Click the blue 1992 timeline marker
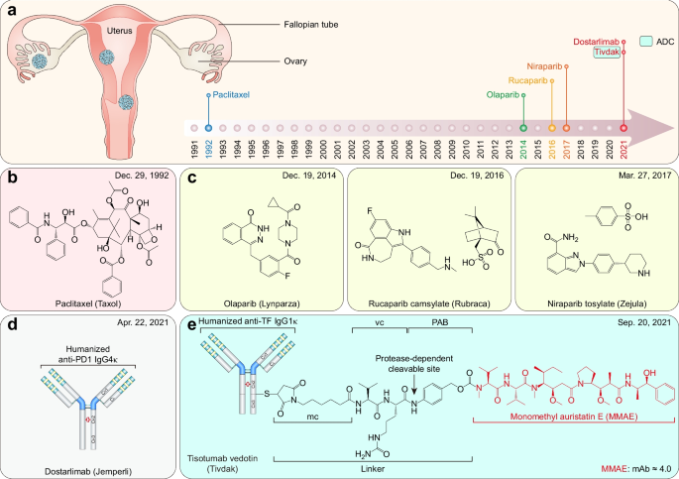click(208, 128)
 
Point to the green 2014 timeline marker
click(523, 128)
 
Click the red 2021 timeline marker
click(622, 128)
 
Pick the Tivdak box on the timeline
click(606, 54)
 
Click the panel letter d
click(11, 324)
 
